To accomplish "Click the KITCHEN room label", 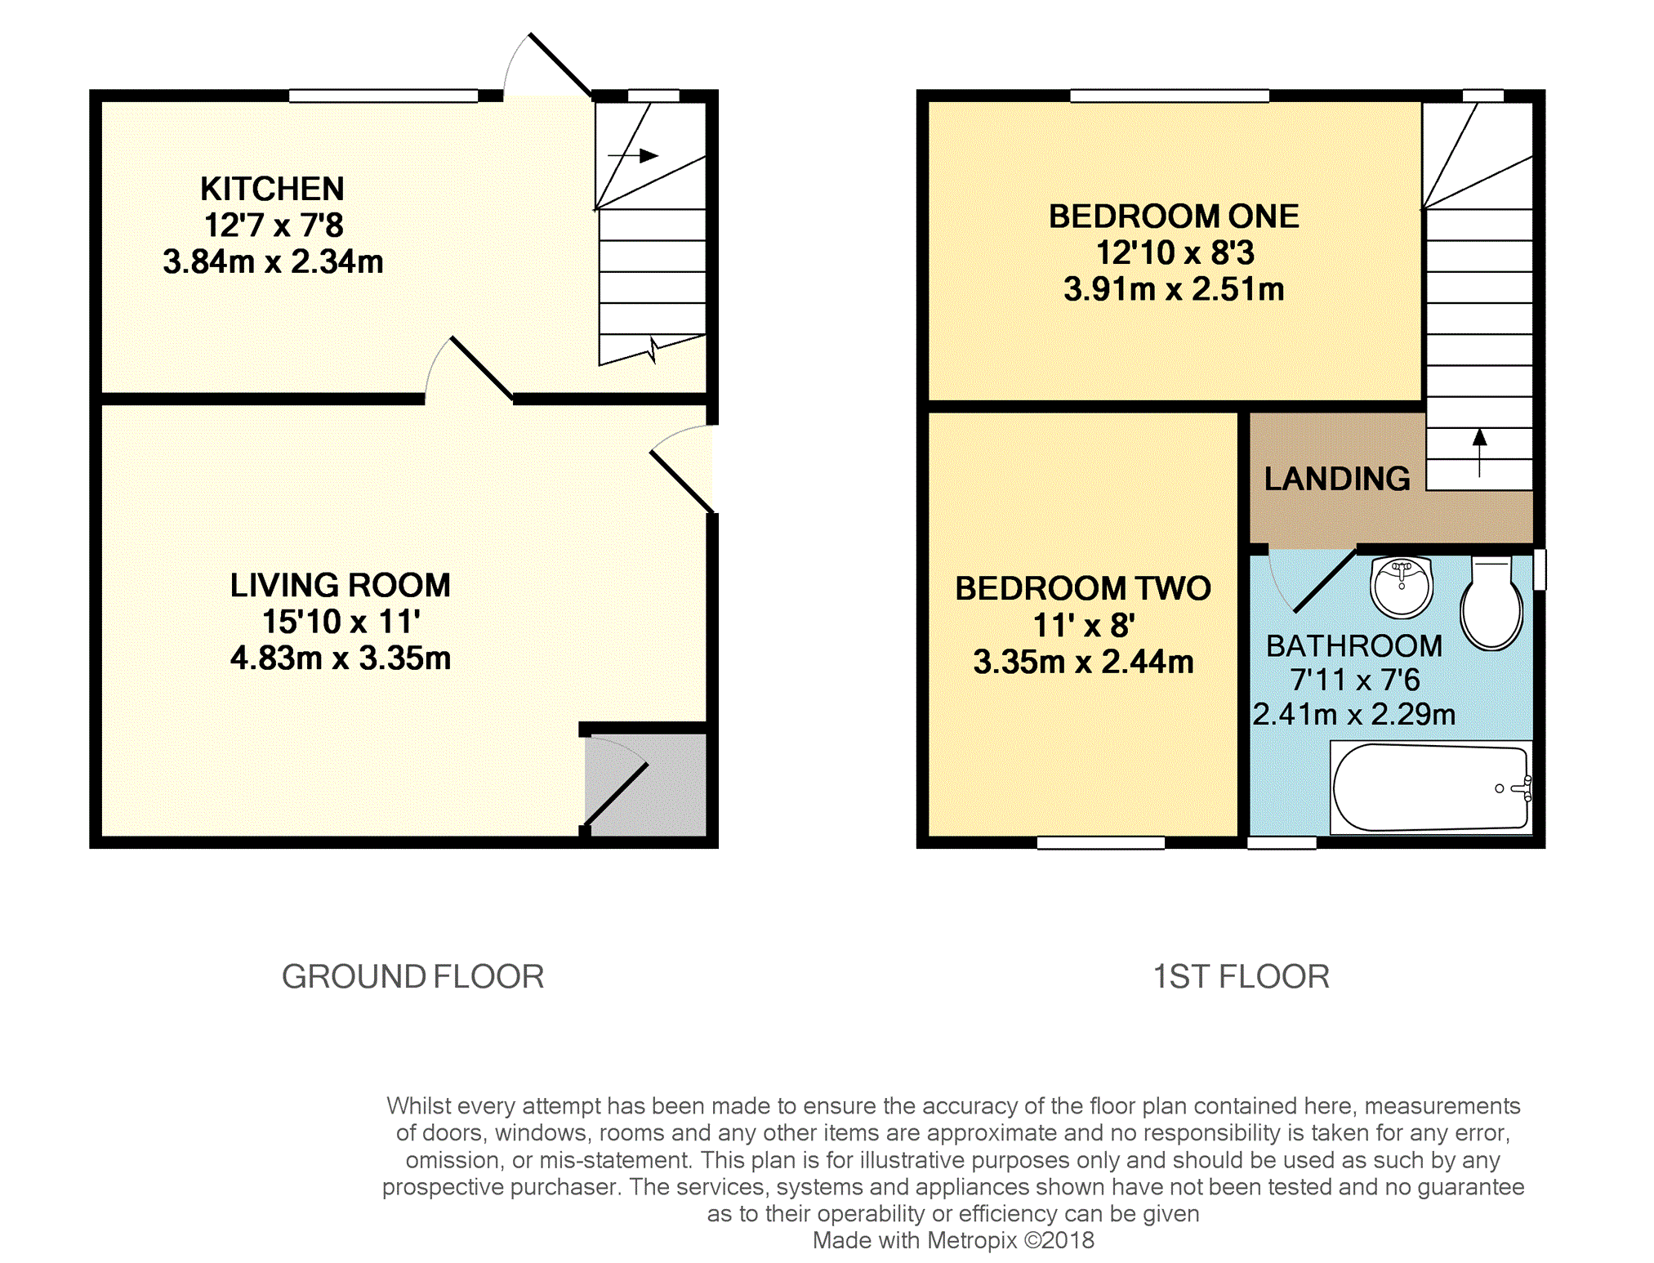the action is [x=272, y=189].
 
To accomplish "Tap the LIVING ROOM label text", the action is [x=340, y=585].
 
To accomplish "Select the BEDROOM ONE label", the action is [x=1174, y=216].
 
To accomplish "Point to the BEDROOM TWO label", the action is [x=1083, y=588].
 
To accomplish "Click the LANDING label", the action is [x=1337, y=479].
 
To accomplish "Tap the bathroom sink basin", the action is [x=1402, y=587].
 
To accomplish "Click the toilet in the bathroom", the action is [x=1491, y=603].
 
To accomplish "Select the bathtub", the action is [x=1431, y=788].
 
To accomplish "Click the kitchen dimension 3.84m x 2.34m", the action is [x=273, y=261].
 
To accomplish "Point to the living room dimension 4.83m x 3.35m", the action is [x=340, y=658].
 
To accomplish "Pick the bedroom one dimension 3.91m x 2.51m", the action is [x=1174, y=289].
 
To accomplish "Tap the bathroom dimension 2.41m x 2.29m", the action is [x=1354, y=715].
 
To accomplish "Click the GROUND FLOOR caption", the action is [x=412, y=976].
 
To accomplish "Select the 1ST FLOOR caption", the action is [x=1241, y=976].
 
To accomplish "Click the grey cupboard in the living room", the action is [x=645, y=784].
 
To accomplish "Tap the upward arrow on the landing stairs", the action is [x=1479, y=453].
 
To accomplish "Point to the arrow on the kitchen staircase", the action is [x=633, y=155].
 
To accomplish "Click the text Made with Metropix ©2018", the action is [x=953, y=1240].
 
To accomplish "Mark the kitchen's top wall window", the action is [x=383, y=96].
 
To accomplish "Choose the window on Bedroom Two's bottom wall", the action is [x=1101, y=843].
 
